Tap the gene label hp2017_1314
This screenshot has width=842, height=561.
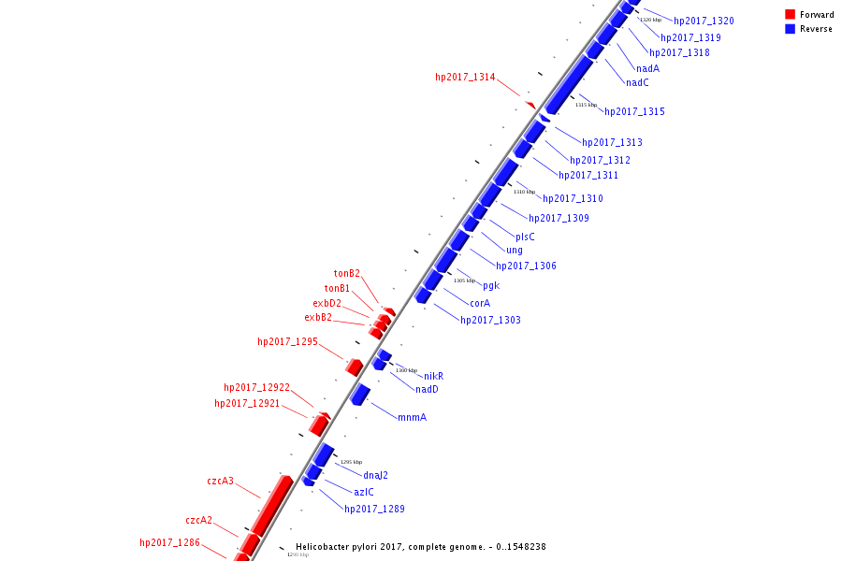465,78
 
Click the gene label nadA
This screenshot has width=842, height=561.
647,68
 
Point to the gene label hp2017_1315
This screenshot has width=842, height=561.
634,112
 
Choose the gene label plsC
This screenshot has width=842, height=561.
525,237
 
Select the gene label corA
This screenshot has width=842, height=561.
480,303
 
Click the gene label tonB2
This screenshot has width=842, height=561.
347,274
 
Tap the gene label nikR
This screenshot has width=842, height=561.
433,376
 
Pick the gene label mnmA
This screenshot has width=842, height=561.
412,417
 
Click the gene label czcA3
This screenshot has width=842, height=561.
220,482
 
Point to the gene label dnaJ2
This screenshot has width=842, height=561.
375,475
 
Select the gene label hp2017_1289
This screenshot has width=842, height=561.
374,510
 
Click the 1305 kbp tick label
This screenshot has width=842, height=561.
464,280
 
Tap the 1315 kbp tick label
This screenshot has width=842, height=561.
586,105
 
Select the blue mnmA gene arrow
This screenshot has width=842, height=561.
360,395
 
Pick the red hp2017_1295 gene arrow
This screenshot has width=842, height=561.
355,367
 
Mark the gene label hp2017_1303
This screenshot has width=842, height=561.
490,321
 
